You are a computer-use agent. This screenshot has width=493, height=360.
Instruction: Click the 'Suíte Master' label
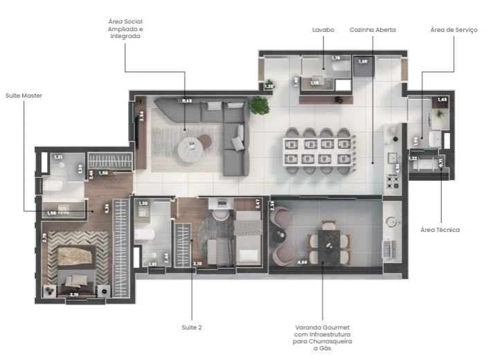point(24,95)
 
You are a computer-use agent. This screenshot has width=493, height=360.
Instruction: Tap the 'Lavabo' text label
point(322,30)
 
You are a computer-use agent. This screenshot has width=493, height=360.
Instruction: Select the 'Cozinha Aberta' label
point(373,30)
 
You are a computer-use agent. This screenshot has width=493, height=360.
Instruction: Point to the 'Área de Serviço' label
point(454,30)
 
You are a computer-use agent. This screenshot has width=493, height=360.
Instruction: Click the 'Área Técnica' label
point(440,229)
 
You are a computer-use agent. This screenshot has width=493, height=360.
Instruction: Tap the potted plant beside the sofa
point(260,105)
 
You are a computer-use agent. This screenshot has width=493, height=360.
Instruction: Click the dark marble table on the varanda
point(328,240)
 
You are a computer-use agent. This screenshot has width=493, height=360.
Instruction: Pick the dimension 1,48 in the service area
point(442,100)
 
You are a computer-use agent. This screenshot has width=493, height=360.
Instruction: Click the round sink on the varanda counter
point(393,222)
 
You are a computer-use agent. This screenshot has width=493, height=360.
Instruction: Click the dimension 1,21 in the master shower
point(58,157)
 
